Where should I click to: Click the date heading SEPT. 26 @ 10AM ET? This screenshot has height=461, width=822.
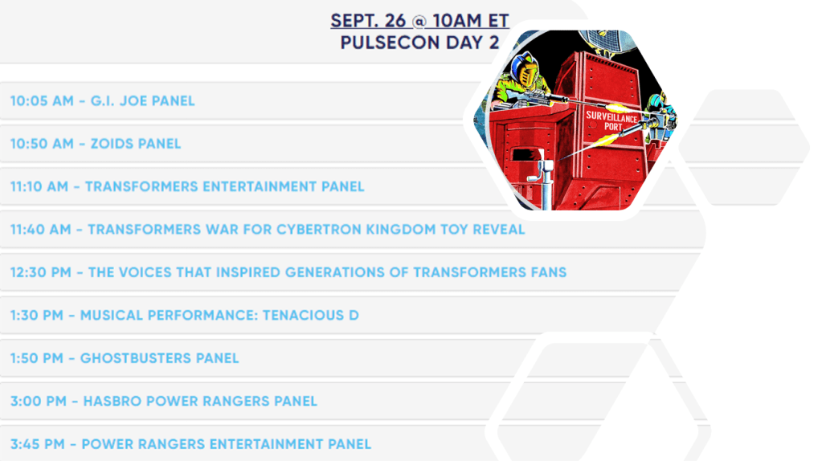coord(419,21)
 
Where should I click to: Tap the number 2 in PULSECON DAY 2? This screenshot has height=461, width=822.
coord(493,43)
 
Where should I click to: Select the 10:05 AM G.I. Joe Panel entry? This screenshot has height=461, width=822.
coord(102,100)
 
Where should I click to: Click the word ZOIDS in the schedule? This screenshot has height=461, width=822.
coord(109,144)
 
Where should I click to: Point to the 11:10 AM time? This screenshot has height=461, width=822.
coord(39,186)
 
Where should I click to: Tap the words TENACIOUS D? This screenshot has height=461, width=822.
coord(310,316)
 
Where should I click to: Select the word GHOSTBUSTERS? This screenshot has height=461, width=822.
coord(136,358)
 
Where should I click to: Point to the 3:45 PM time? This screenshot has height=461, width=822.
coord(37,444)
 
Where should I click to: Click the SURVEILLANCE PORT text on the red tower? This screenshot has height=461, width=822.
coord(611,121)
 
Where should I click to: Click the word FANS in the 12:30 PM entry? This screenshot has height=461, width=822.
coord(548,272)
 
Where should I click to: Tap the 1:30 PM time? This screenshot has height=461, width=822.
coord(37,316)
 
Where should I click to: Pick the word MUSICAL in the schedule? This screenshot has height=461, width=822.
coord(111,316)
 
